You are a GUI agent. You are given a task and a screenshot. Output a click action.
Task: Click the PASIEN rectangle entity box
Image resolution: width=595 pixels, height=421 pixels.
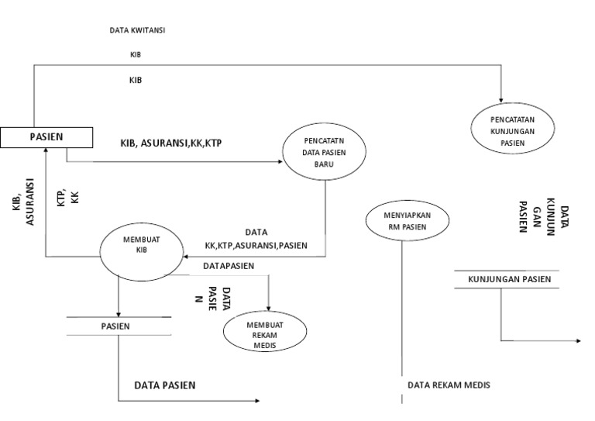tap(46, 137)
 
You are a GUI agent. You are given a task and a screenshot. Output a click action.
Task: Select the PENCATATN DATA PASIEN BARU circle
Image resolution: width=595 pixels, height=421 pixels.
tap(317, 152)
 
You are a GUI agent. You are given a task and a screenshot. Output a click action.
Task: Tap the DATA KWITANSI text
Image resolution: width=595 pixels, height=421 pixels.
tap(139, 31)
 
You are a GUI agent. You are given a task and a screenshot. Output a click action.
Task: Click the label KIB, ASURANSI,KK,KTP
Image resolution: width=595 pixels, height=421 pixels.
tap(171, 143)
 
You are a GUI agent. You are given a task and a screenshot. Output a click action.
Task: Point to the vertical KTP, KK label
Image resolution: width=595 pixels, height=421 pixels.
tap(69, 195)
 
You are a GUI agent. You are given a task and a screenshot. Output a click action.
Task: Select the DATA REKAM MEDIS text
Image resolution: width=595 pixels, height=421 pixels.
tap(449, 385)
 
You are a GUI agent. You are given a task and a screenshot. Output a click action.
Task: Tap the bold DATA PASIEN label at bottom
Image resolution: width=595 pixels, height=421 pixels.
tap(165, 385)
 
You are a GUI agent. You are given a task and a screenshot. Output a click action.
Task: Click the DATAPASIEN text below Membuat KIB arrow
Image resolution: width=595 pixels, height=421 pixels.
tap(229, 266)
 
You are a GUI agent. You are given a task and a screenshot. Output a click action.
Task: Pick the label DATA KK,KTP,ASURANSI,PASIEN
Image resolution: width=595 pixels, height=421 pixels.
tap(256, 239)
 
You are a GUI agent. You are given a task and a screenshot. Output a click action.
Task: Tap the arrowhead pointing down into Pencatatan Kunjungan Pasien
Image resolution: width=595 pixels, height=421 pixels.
tap(502, 99)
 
